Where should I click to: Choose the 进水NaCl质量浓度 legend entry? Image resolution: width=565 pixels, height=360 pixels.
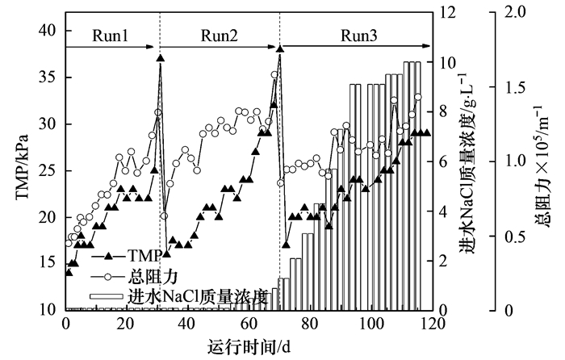point(197,295)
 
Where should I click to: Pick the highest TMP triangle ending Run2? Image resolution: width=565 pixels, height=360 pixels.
point(279,49)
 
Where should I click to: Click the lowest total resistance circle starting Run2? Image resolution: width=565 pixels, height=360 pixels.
point(164,216)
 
